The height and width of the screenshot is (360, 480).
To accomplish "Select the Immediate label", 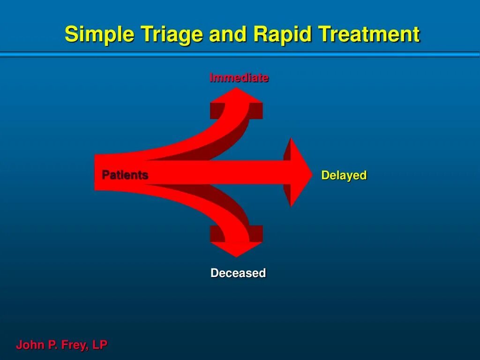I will click(x=239, y=78).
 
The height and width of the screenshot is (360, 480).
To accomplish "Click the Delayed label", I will click(x=344, y=176).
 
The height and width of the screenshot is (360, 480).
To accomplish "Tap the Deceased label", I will click(x=238, y=273).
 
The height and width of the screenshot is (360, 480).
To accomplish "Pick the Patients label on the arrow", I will click(x=125, y=175).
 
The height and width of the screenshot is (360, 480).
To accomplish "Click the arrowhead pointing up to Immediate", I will click(x=236, y=97).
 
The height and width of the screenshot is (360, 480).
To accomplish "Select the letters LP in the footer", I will click(x=100, y=345).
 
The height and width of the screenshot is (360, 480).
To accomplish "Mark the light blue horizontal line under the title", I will click(x=240, y=55).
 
